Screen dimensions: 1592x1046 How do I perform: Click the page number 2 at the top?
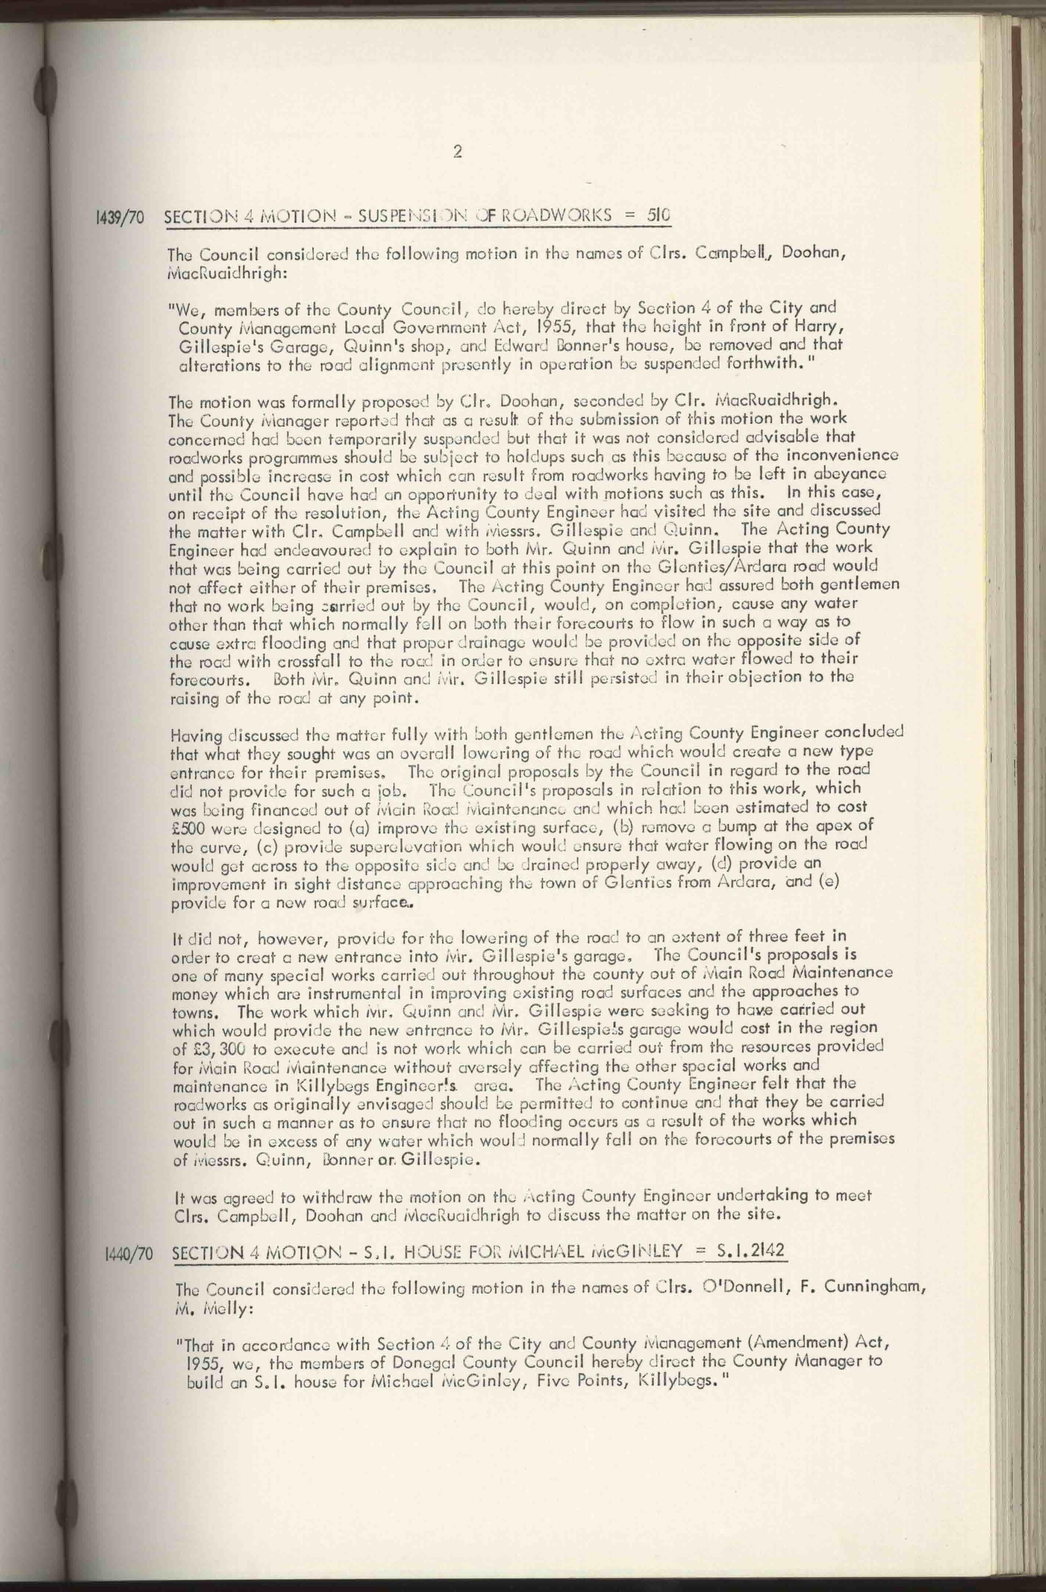(458, 152)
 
